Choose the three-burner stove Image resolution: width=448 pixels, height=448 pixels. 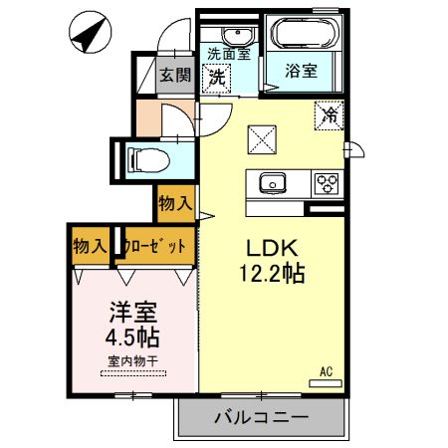click(327, 183)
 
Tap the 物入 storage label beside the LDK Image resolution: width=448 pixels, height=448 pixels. click(175, 204)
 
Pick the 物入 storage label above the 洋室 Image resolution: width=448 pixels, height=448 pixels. click(91, 245)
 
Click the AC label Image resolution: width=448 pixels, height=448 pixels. click(325, 372)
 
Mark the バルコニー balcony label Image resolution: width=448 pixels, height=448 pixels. click(261, 417)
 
